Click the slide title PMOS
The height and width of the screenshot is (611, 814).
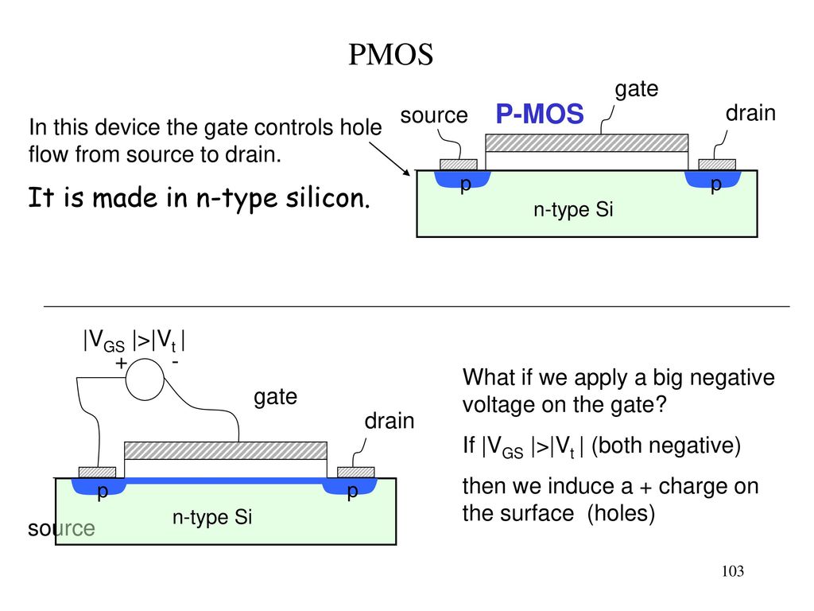pyautogui.click(x=390, y=55)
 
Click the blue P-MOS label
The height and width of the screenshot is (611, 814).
pyautogui.click(x=540, y=114)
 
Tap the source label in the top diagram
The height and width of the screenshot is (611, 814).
pyautogui.click(x=434, y=115)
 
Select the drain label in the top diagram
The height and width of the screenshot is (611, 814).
pyautogui.click(x=750, y=113)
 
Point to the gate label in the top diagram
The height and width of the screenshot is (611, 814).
pyautogui.click(x=637, y=89)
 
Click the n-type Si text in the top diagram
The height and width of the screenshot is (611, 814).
pyautogui.click(x=573, y=209)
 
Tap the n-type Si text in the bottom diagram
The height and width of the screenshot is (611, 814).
pyautogui.click(x=211, y=517)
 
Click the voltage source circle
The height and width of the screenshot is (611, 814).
pyautogui.click(x=145, y=379)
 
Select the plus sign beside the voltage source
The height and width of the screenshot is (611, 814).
pyautogui.click(x=121, y=363)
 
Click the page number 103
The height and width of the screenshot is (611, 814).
pyautogui.click(x=732, y=571)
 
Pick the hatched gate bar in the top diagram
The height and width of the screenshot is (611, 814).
pyautogui.click(x=587, y=143)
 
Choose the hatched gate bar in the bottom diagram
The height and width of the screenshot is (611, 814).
pyautogui.click(x=226, y=450)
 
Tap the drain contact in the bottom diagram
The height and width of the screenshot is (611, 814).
pyautogui.click(x=355, y=473)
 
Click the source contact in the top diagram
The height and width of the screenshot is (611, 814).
pyautogui.click(x=459, y=165)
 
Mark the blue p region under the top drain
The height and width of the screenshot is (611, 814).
pyautogui.click(x=713, y=179)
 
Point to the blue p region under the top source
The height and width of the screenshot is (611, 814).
pyautogui.click(x=462, y=179)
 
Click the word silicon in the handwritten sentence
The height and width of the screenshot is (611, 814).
pyautogui.click(x=328, y=198)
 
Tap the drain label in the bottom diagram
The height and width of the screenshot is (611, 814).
pyautogui.click(x=390, y=421)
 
